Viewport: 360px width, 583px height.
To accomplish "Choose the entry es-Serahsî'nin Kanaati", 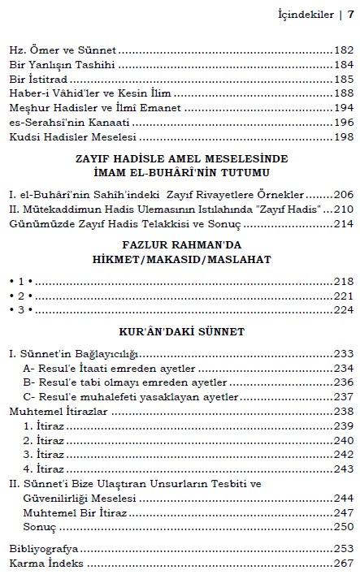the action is [57, 122].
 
